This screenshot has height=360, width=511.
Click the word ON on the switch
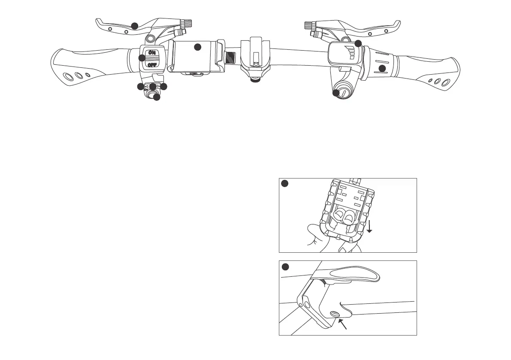(151, 53)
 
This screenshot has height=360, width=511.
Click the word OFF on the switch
(151, 65)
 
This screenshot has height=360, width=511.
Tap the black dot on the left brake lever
(134, 26)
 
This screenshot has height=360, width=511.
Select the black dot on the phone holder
(197, 47)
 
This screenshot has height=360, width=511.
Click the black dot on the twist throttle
(382, 68)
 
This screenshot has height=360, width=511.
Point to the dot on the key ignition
(336, 93)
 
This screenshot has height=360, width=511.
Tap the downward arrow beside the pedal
(369, 225)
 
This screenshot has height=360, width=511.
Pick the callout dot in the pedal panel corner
(284, 184)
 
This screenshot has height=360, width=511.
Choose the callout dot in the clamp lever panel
(284, 266)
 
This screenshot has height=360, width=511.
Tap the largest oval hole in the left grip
(68, 77)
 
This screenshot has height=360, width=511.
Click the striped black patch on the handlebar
(231, 57)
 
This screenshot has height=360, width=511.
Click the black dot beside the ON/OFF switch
(142, 58)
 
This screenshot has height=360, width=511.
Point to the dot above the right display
(358, 43)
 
